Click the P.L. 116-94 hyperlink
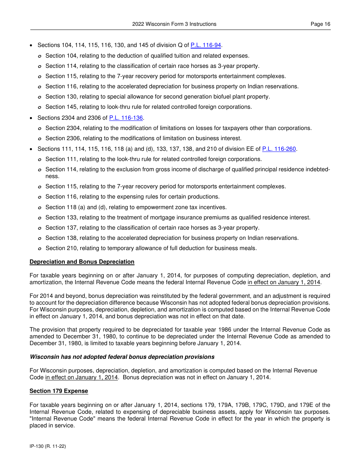pos(205,45)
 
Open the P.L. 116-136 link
pos(126,118)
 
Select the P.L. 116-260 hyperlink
pos(279,149)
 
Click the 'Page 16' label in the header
pos(320,24)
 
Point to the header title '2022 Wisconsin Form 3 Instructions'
pos(174,24)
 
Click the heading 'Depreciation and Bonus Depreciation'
pos(82,262)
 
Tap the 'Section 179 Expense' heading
pos(59,391)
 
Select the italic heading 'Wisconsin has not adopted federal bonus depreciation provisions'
pos(122,357)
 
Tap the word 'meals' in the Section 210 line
pos(249,248)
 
